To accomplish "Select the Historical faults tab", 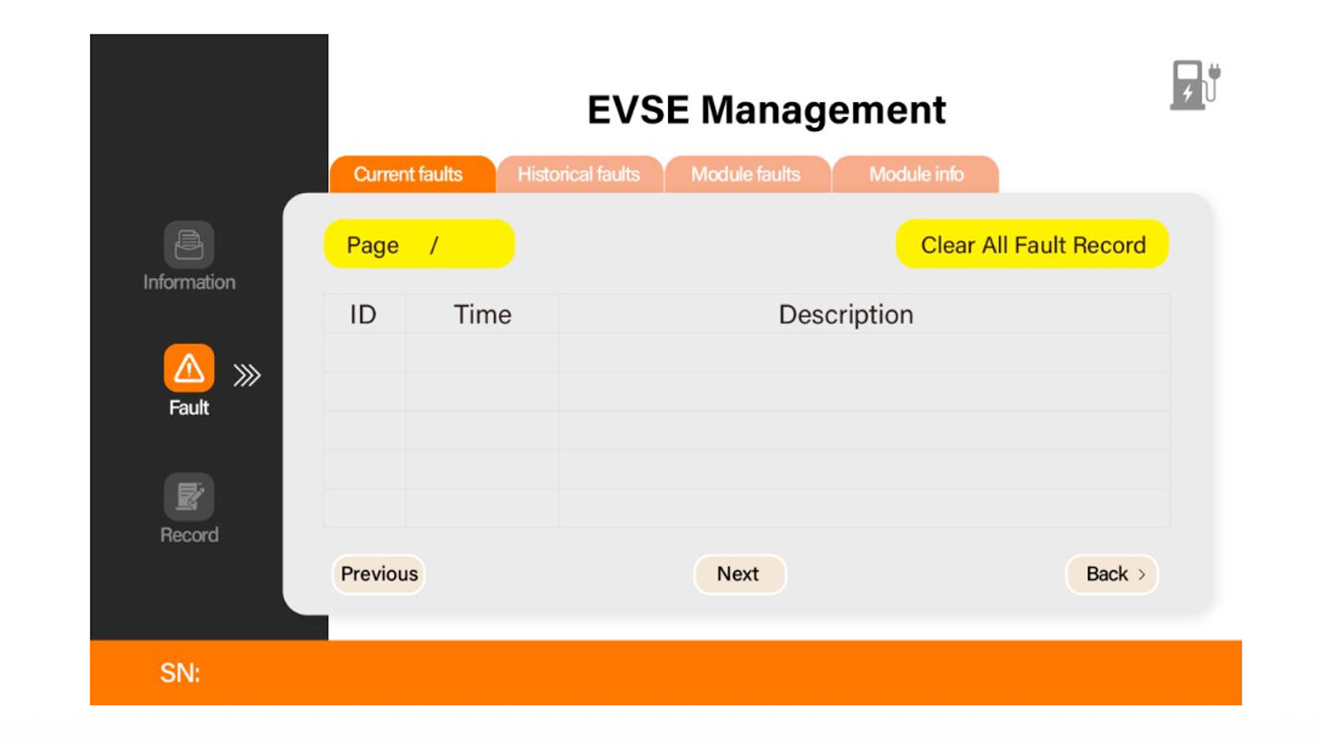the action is pos(579,174).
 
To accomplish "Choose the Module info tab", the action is pos(915,174).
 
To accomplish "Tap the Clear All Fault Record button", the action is pos(1032,244).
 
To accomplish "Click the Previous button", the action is pos(379,574).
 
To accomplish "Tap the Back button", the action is pos(1112,574).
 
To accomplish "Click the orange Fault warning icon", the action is pos(189,368).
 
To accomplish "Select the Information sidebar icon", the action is pos(189,245).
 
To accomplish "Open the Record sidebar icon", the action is pos(189,496).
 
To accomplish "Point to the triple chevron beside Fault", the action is pos(247,375).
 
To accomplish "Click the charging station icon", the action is pos(1195,85).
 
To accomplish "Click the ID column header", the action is pos(363,314).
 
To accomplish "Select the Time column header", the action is pos(483,314).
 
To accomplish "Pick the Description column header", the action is pos(846,315).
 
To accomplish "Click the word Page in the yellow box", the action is pos(373,246).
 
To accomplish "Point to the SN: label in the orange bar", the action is pos(180,673).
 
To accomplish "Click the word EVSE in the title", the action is pos(638,110).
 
